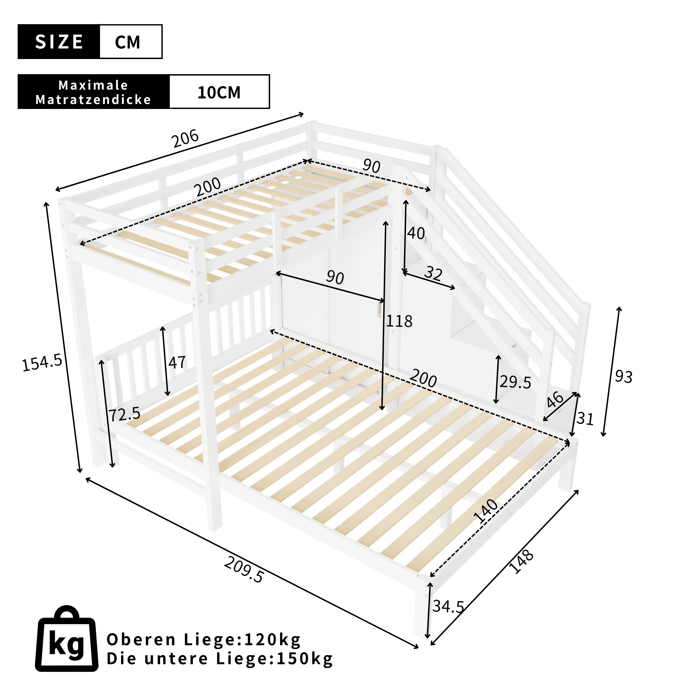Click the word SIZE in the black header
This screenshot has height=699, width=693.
(x=59, y=41)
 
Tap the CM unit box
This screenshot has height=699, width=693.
(x=131, y=41)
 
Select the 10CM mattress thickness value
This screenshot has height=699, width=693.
(x=219, y=92)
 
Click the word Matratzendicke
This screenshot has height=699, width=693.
(x=93, y=99)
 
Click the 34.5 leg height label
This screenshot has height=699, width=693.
(x=448, y=606)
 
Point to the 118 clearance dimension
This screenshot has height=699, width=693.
(x=399, y=321)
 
